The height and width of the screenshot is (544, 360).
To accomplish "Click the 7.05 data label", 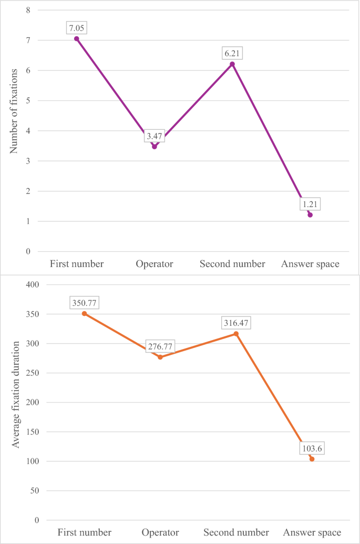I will click(x=77, y=28).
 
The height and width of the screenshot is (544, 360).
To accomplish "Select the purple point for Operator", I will click(x=155, y=147).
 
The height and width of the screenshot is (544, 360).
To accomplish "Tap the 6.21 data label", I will click(x=232, y=53).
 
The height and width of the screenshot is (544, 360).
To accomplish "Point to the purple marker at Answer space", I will click(x=310, y=214).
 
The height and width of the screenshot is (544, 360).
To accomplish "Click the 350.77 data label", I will click(x=84, y=303).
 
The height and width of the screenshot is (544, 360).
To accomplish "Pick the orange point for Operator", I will click(x=160, y=357).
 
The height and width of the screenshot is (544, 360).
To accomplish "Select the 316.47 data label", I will click(x=236, y=323).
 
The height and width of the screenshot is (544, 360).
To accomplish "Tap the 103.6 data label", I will click(x=312, y=448).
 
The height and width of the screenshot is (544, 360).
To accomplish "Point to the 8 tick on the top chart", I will click(x=28, y=10).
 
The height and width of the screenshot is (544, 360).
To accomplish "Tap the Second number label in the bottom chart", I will click(x=236, y=532).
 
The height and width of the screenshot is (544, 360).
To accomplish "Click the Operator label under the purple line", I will click(x=155, y=264).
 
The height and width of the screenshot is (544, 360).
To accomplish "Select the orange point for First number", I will click(x=84, y=313).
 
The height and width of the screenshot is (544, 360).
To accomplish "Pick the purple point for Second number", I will click(x=232, y=64).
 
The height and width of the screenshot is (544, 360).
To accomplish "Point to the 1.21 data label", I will click(x=310, y=203).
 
